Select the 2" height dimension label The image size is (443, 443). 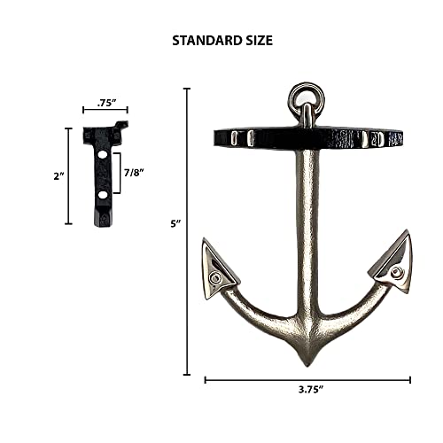[56, 175]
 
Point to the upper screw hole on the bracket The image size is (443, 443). [104, 154]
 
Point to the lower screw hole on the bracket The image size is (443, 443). [104, 192]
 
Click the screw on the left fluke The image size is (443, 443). [215, 277]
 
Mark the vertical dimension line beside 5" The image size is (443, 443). [189, 230]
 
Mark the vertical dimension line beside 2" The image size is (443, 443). [69, 175]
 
